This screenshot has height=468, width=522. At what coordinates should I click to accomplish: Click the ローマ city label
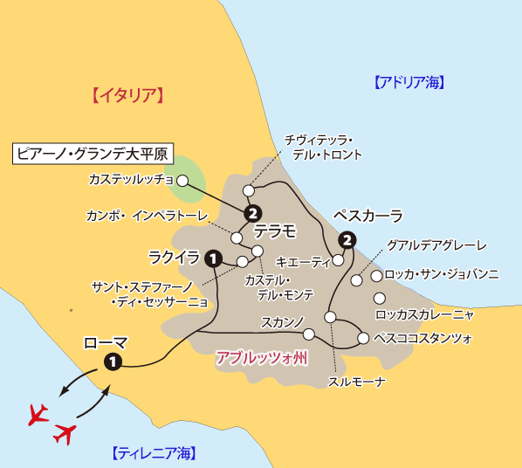coord(106,342)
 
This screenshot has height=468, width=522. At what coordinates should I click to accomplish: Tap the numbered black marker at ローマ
coord(112,361)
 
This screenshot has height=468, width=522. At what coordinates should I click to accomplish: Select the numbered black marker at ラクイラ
coord(212,258)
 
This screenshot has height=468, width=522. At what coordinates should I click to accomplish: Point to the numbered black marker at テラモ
coord(253,213)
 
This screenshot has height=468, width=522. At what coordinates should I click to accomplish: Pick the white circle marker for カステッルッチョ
coord(183,181)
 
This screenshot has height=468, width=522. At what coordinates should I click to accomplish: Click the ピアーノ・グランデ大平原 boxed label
coord(93,155)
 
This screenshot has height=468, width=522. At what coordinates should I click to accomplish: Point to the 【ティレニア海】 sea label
coord(154,452)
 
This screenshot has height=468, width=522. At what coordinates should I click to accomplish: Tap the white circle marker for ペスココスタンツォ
coord(363,338)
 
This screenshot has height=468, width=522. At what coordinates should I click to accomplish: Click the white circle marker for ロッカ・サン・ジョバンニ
coord(376,276)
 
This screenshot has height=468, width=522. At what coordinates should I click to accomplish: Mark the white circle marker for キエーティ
coord(338,259)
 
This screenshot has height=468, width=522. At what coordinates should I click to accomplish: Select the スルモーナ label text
coord(357,382)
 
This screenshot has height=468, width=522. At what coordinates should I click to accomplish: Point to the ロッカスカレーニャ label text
coord(424,314)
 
